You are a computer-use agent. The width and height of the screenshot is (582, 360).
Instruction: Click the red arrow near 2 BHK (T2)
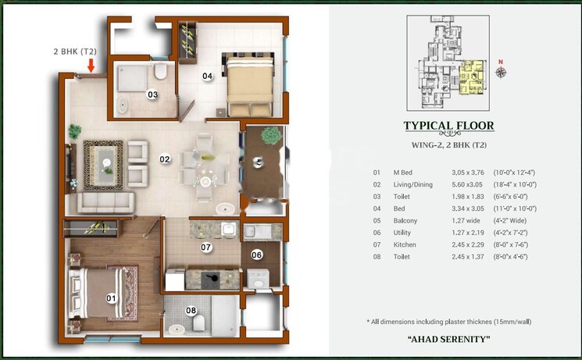tap(91, 66)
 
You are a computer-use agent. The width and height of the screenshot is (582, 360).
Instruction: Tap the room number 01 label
tap(110, 298)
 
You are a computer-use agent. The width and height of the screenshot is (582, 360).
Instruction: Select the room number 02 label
tap(165, 159)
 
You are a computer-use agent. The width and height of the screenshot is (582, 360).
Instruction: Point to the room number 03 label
tap(153, 94)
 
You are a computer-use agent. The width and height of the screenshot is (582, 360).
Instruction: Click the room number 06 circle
tap(256, 255)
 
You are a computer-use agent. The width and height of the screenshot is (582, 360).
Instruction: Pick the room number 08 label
tap(191, 311)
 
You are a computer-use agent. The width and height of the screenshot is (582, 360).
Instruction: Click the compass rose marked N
tap(501, 71)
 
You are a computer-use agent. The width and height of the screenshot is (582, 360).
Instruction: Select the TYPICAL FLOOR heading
tap(448, 127)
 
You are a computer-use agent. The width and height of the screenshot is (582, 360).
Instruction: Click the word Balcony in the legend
tap(405, 221)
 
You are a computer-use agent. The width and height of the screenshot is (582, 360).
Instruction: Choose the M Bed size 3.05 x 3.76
tap(467, 172)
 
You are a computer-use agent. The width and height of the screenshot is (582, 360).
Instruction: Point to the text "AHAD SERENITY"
tap(448, 339)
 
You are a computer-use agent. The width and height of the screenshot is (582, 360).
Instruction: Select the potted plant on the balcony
tap(270, 136)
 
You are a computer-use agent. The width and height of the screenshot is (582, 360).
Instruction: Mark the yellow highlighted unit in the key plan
tap(472, 78)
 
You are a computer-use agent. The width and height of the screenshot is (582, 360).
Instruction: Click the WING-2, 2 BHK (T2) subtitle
tap(448, 145)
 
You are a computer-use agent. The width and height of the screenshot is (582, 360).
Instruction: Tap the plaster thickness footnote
tap(448, 322)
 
